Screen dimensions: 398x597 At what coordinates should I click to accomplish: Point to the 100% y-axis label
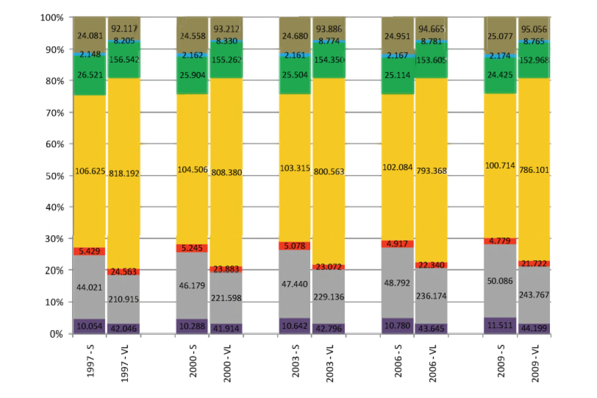(x=52, y=18)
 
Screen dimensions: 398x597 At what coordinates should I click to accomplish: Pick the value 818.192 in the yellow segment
(x=123, y=173)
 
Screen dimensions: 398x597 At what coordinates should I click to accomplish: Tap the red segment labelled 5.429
(x=89, y=251)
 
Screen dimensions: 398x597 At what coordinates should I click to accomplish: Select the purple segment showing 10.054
(x=89, y=326)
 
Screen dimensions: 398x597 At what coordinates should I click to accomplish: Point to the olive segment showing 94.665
(x=431, y=29)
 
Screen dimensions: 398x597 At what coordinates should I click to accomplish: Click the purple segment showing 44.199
(x=535, y=329)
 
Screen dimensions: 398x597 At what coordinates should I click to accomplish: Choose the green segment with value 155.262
(x=226, y=60)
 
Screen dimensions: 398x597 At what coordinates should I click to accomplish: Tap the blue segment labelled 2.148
(x=89, y=54)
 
